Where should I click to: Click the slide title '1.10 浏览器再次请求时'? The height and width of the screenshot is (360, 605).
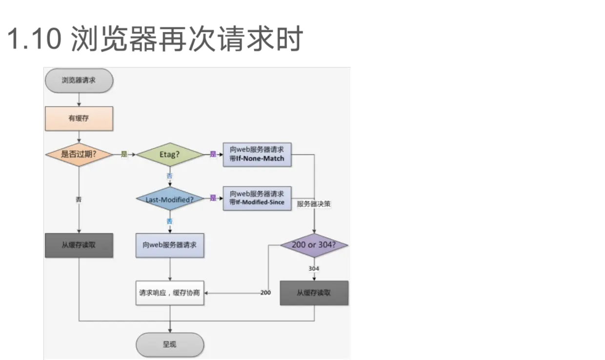[155, 39]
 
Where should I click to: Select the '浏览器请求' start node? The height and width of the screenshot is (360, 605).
[79, 80]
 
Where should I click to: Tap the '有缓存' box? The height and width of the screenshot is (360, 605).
[79, 119]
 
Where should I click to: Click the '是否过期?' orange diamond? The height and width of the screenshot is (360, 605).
[79, 155]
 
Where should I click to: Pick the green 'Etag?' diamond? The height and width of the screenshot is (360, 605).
[170, 155]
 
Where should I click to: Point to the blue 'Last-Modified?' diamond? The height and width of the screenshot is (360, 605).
[170, 199]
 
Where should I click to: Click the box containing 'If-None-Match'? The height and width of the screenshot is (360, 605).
[257, 155]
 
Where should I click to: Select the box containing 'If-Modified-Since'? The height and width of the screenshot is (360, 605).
[257, 199]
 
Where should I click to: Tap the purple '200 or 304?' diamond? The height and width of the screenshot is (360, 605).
[314, 245]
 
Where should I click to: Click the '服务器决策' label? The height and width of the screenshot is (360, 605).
[314, 204]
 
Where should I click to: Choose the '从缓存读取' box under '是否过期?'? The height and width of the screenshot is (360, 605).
[79, 245]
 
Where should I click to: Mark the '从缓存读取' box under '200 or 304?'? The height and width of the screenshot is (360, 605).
[314, 293]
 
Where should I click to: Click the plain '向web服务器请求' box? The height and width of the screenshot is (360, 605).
[170, 245]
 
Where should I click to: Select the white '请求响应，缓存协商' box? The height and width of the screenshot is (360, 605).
[170, 293]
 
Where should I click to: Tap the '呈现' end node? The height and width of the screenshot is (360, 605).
[170, 344]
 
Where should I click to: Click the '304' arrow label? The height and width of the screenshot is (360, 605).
[314, 269]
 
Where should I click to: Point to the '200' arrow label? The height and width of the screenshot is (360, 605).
[265, 293]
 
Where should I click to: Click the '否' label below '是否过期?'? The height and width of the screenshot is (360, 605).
[79, 200]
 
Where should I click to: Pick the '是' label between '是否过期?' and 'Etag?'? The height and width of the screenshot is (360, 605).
[124, 154]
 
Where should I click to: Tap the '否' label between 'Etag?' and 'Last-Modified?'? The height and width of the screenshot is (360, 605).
[169, 176]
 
